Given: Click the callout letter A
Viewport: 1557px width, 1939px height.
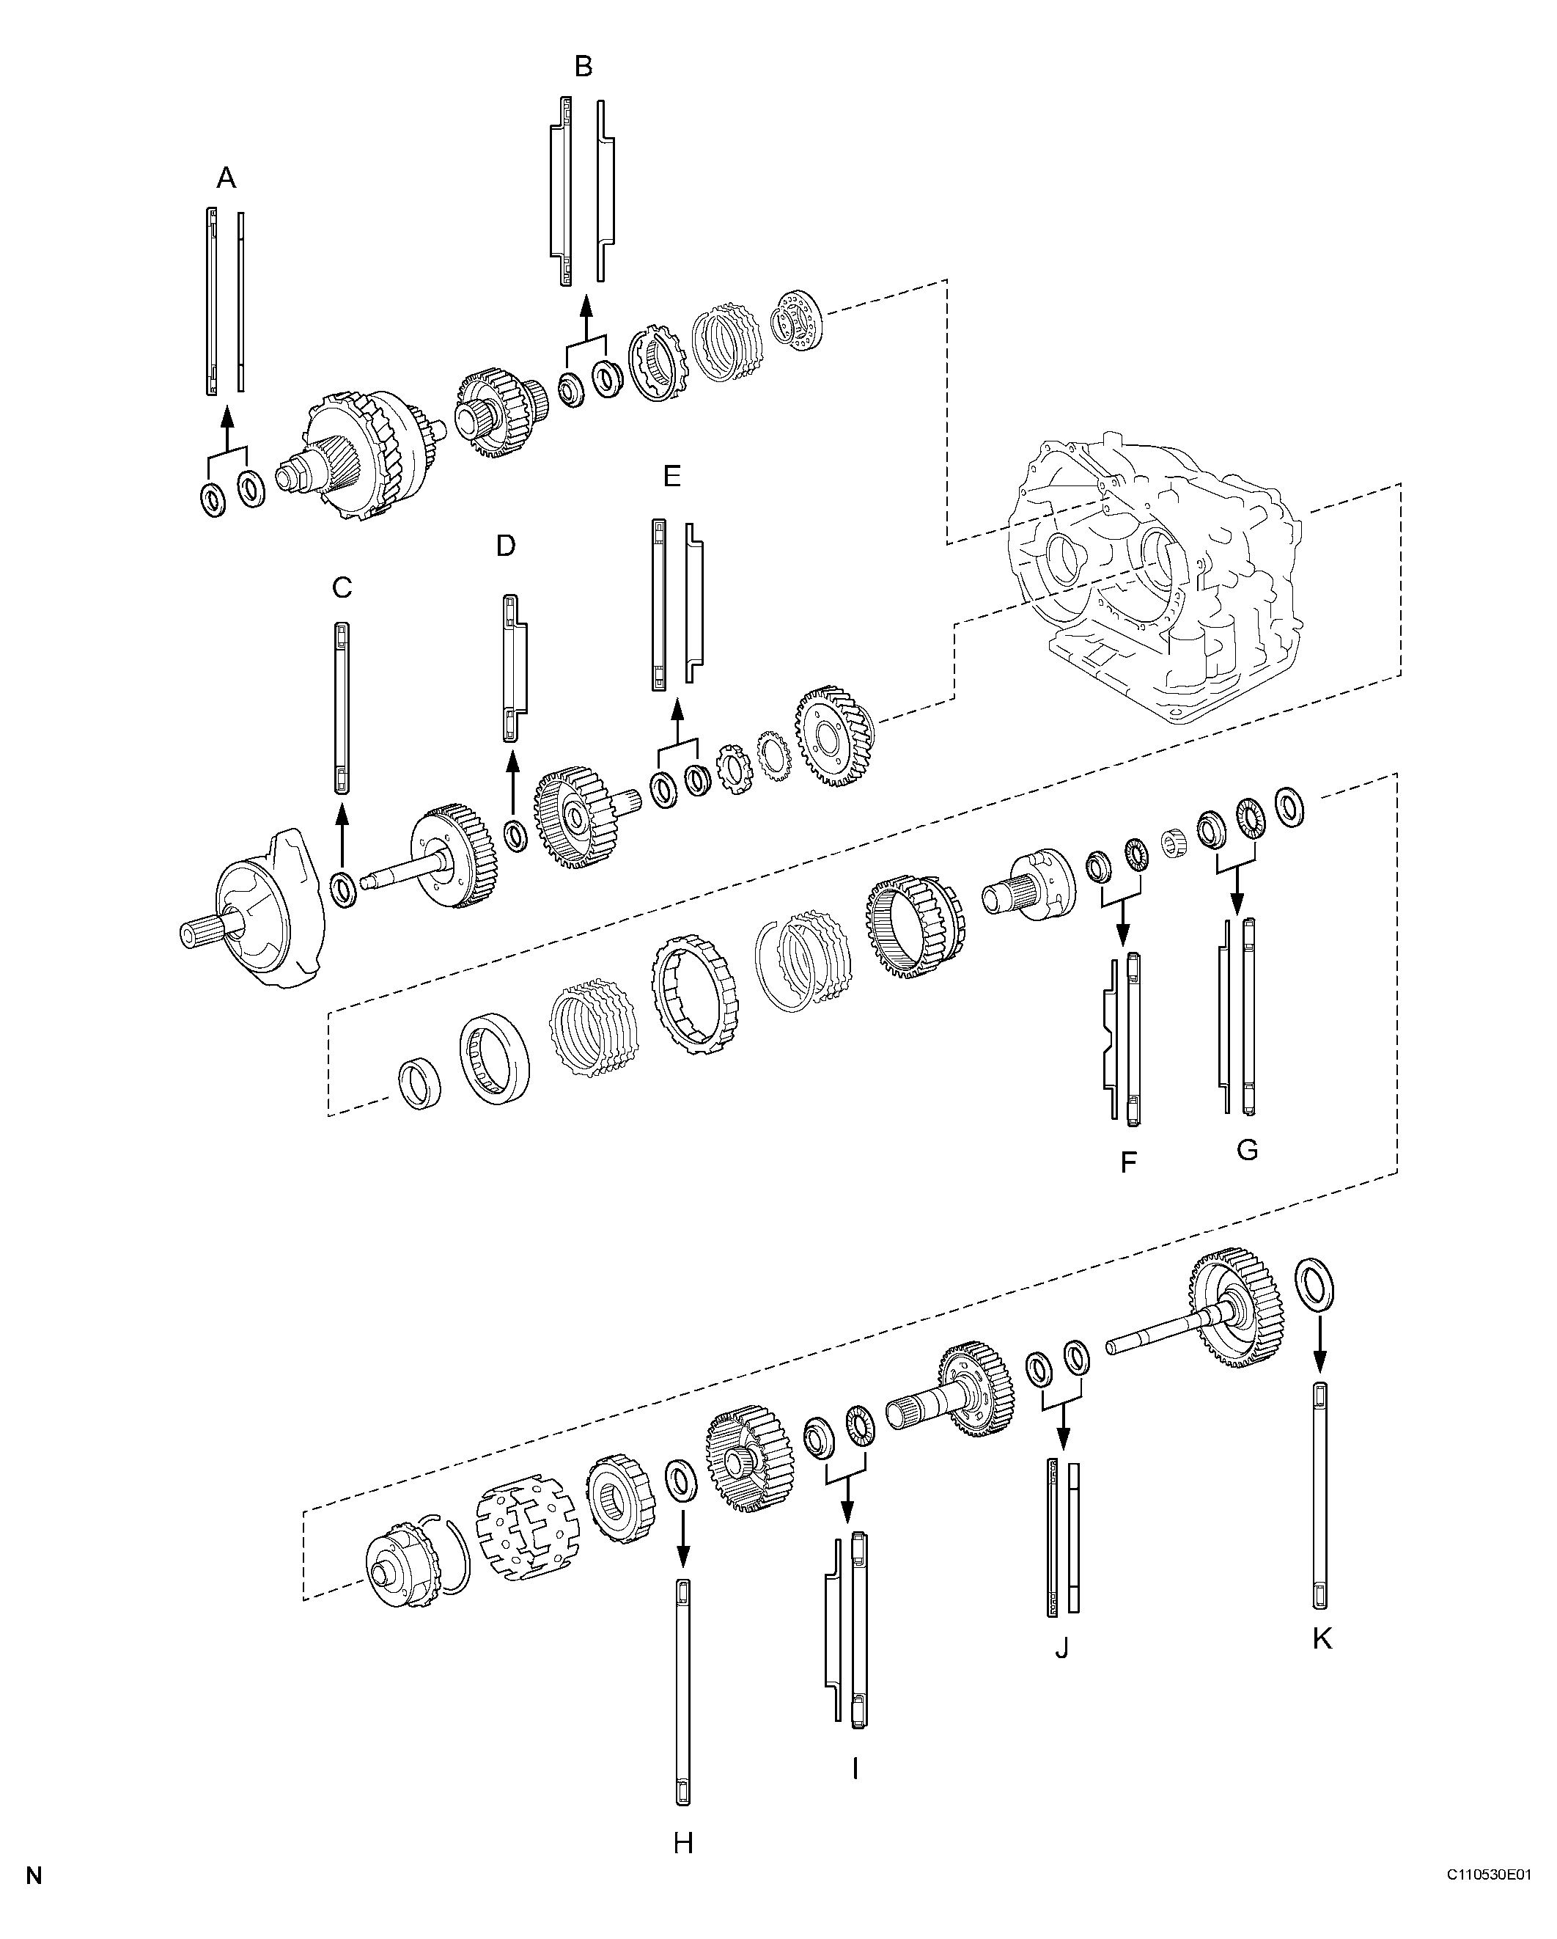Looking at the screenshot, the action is [227, 178].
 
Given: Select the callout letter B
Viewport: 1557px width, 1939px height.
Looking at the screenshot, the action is [584, 67].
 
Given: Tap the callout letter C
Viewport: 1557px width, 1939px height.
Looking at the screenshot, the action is [342, 587].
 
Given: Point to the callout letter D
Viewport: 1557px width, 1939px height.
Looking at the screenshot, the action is [506, 545].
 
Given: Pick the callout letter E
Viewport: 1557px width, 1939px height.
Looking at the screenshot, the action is [671, 476].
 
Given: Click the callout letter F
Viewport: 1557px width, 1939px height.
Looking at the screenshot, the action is [1129, 1163].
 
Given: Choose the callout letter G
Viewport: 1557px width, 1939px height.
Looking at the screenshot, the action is [1247, 1148].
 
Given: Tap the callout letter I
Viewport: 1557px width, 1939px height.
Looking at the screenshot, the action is [855, 1770].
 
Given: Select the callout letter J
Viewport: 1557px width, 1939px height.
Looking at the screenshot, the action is [1061, 1649].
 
